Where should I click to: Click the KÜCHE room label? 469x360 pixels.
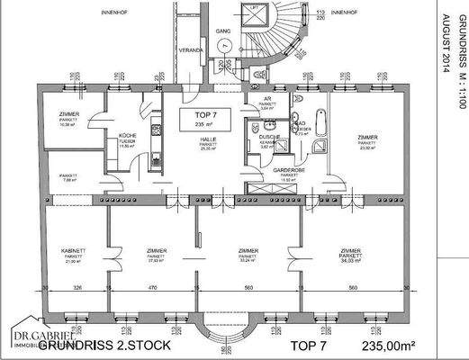point(127,136)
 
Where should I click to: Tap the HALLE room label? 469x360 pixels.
point(208,141)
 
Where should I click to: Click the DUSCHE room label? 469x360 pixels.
point(266,138)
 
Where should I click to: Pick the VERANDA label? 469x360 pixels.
point(189,51)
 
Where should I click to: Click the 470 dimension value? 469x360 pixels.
point(152,287)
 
